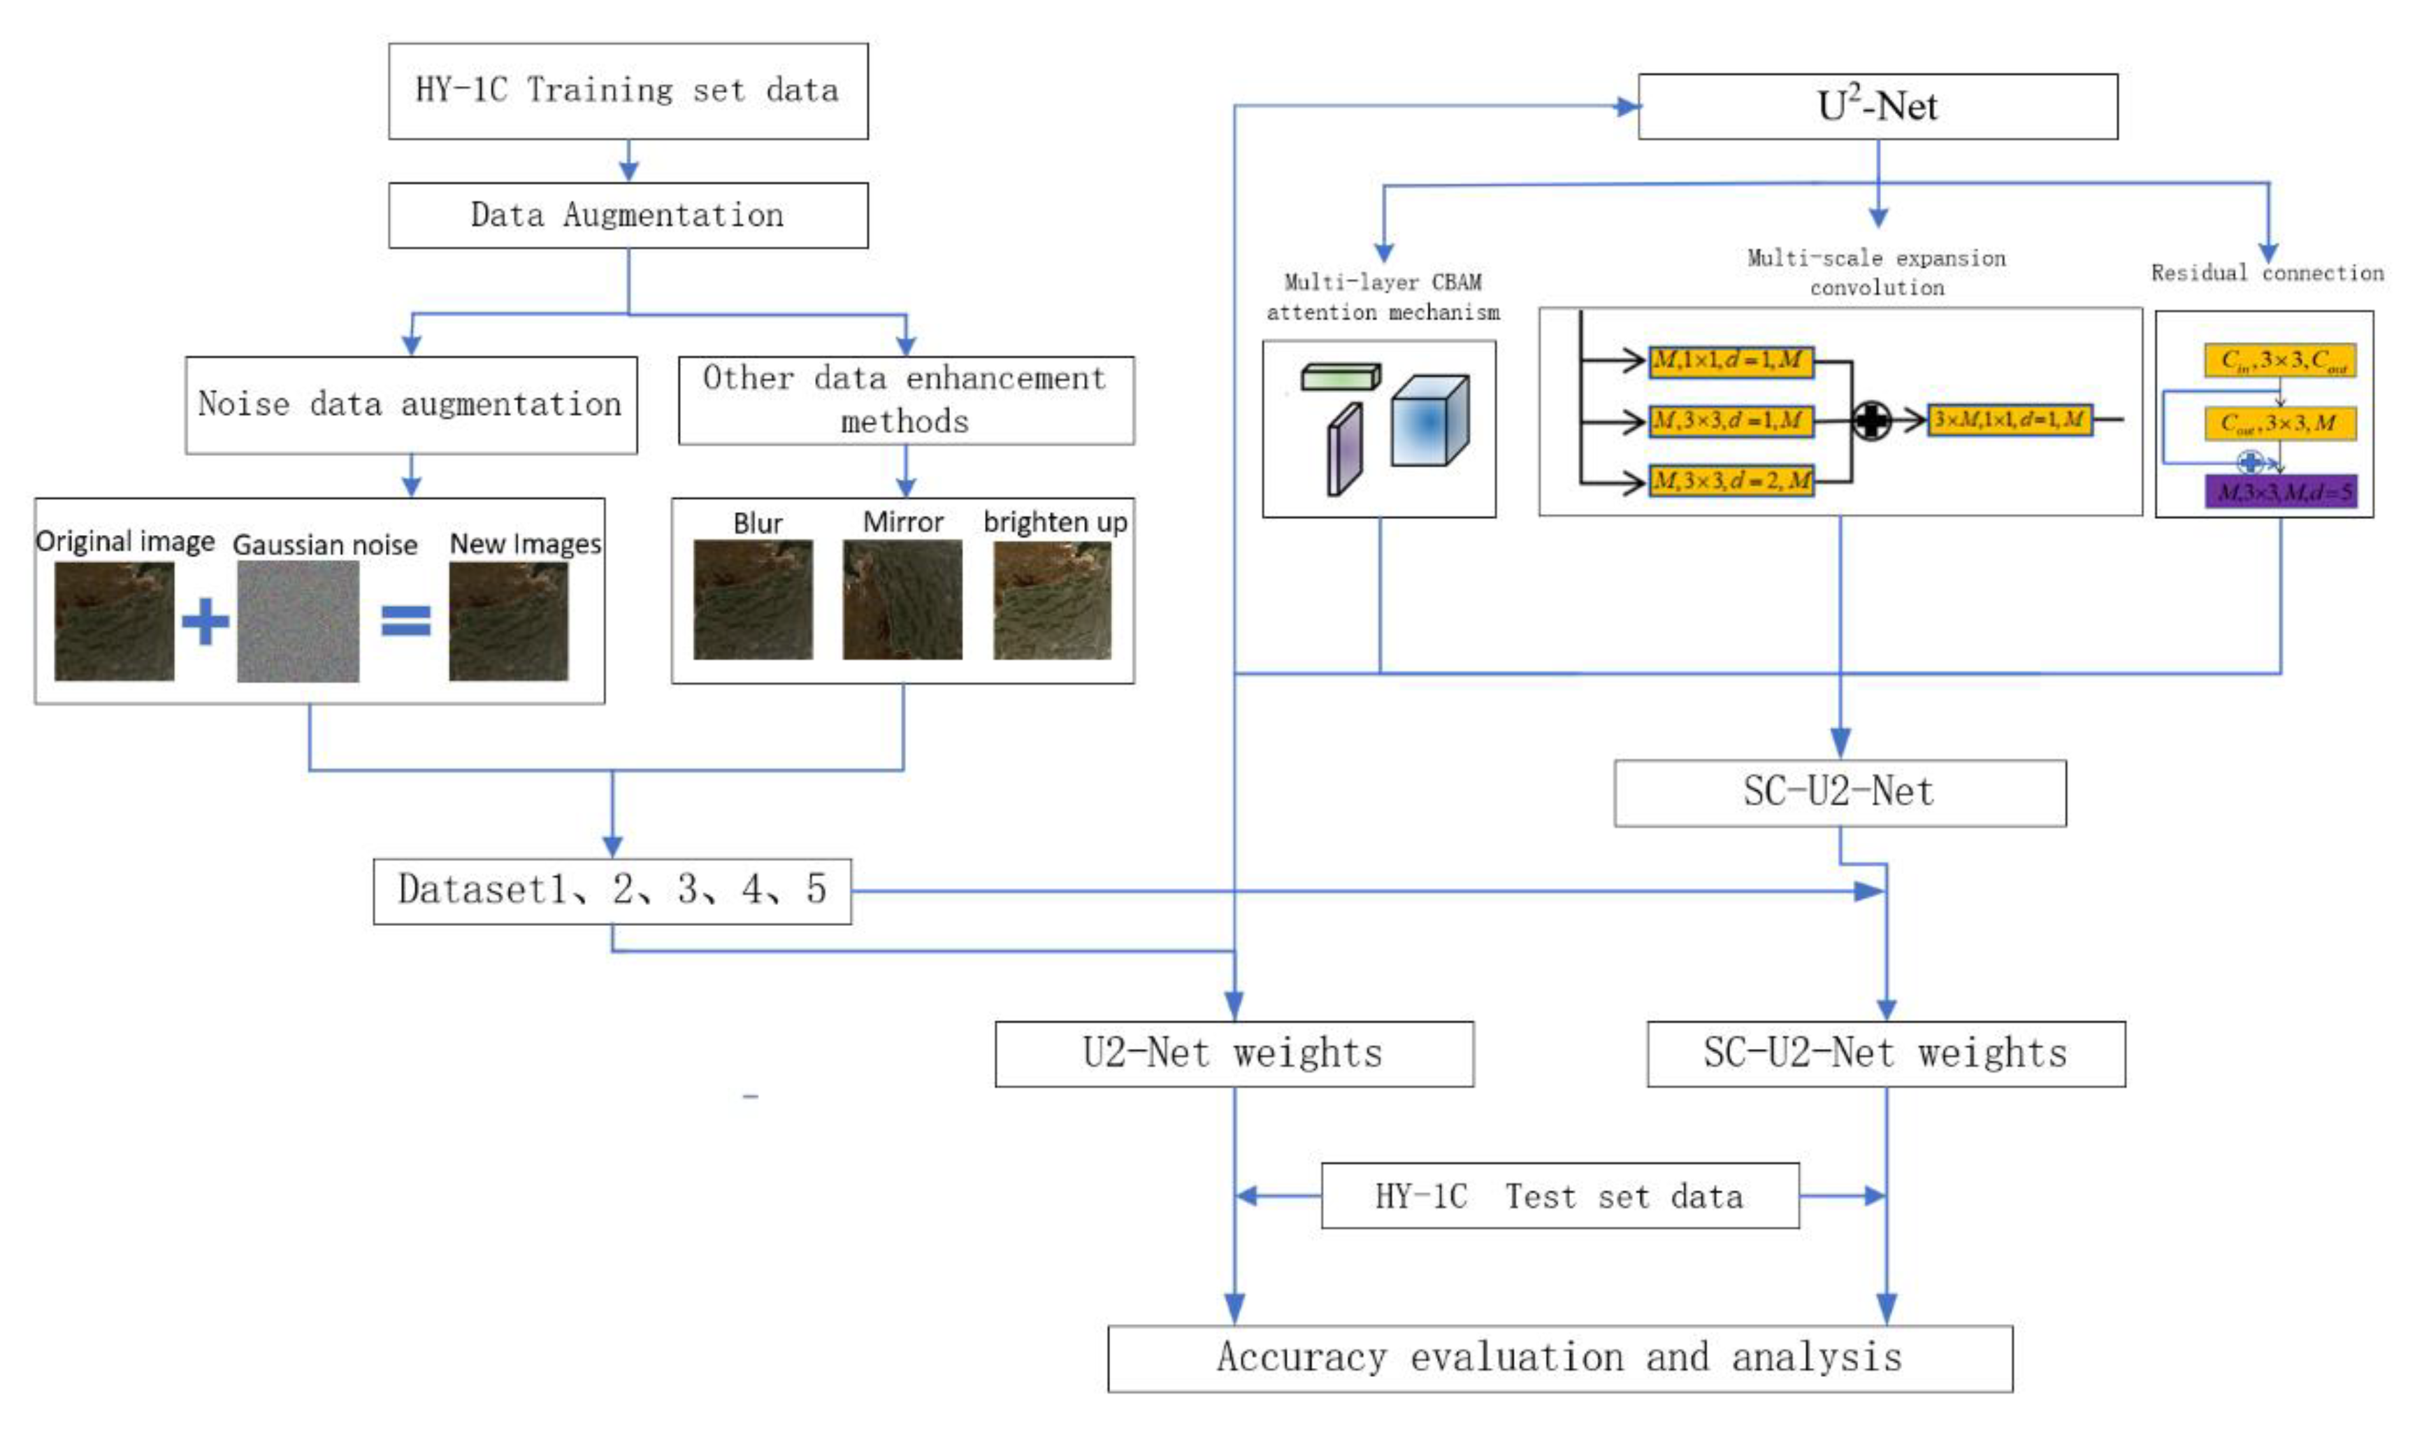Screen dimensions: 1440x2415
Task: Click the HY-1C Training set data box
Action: pos(628,90)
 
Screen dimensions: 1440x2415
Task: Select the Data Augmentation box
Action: pos(628,215)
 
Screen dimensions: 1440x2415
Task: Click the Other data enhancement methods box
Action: pos(905,400)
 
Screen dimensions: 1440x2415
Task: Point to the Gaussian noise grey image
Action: pos(298,621)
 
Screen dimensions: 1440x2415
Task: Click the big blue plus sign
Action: pos(206,621)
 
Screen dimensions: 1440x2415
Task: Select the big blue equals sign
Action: pos(405,621)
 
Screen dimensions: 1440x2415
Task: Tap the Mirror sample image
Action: pos(902,599)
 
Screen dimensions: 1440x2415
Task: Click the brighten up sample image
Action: pos(1052,599)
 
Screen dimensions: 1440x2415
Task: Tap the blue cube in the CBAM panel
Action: pos(1429,421)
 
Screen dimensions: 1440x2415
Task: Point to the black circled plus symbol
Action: pos(1871,420)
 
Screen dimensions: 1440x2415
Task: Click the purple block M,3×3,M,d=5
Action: pos(2280,492)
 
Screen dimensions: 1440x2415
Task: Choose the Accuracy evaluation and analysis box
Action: pos(1559,1357)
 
